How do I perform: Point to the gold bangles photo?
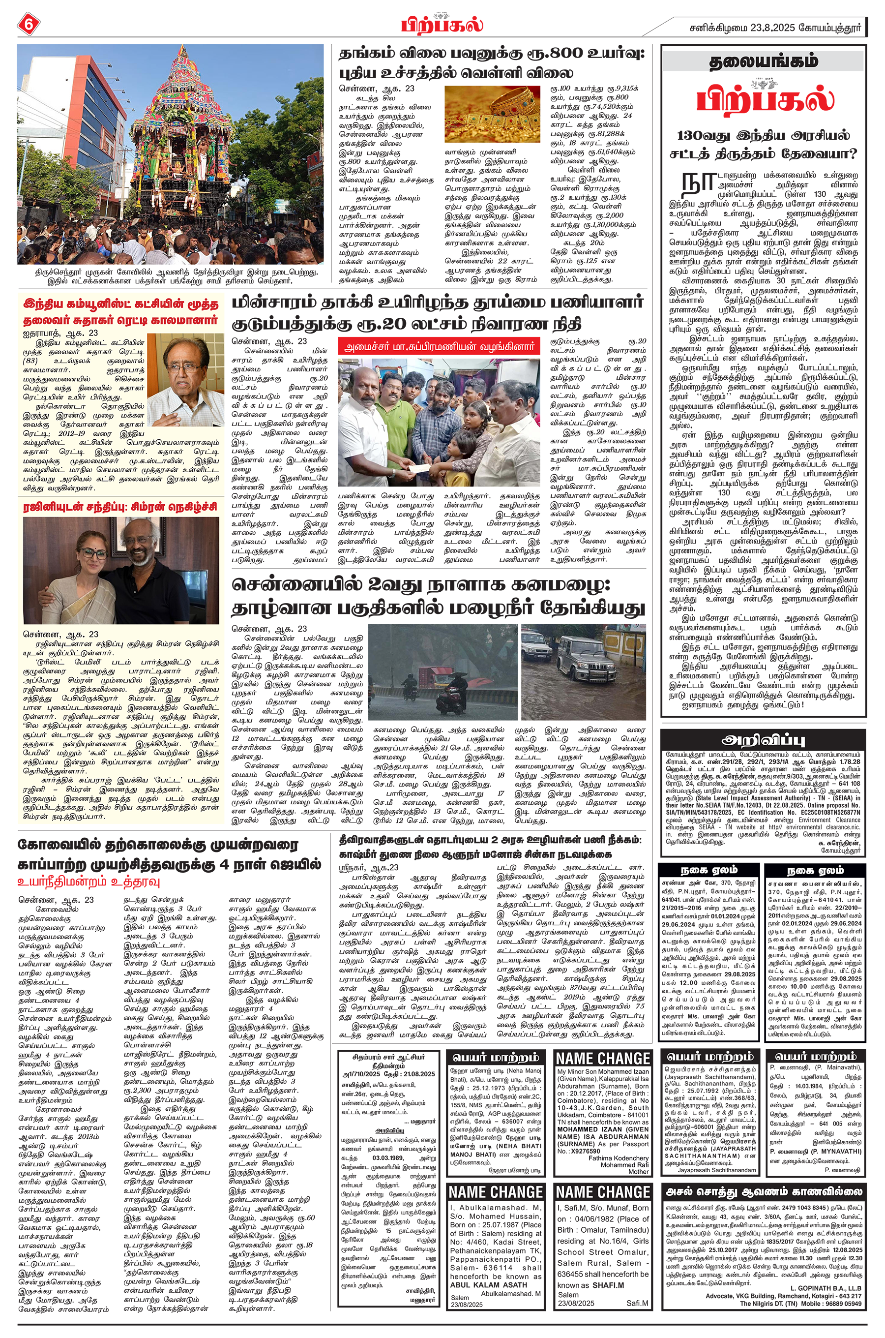[x=493, y=114]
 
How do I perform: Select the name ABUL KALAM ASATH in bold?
[x=488, y=1296]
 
